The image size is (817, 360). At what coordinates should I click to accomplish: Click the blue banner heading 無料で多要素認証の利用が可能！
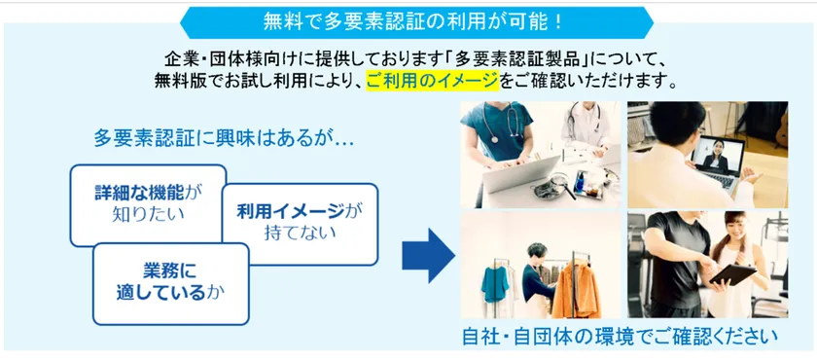(416, 22)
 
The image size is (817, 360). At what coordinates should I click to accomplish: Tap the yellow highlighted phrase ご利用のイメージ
(432, 82)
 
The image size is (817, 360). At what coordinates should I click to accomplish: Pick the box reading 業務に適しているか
(170, 282)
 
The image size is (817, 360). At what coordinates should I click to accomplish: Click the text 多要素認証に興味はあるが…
(224, 139)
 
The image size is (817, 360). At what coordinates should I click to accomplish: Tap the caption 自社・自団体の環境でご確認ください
(621, 336)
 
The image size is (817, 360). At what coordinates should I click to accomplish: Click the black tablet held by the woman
(732, 274)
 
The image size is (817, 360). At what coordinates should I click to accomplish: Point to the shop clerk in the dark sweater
(536, 277)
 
